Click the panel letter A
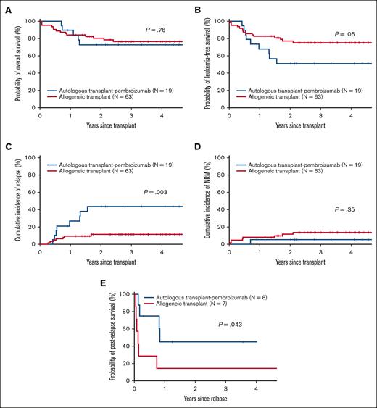coord(7,7)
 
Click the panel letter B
coord(196,7)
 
